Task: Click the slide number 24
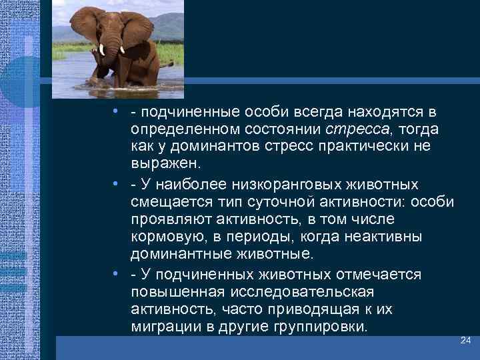(465, 341)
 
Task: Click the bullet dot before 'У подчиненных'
(116, 274)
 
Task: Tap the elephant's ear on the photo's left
(85, 30)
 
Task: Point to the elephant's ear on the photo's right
(137, 35)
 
